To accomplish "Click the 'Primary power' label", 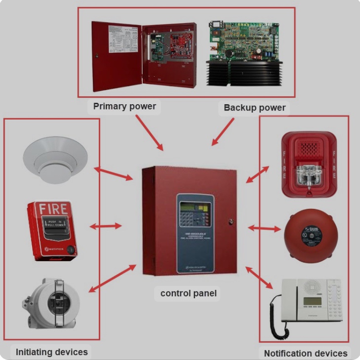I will (x=124, y=106).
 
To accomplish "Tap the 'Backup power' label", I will (x=254, y=107).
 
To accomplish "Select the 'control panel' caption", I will (x=189, y=293).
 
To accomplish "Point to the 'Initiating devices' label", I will (x=52, y=352).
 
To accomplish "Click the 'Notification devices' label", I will (x=306, y=353).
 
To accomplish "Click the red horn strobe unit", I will (x=309, y=163).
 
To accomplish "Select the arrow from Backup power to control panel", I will (x=223, y=132).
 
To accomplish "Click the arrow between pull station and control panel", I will (x=105, y=226).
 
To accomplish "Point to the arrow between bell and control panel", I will (x=263, y=228).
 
